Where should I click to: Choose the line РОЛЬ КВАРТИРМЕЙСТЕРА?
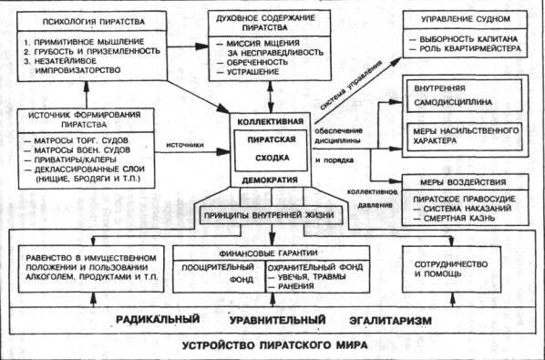(x=471, y=51)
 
